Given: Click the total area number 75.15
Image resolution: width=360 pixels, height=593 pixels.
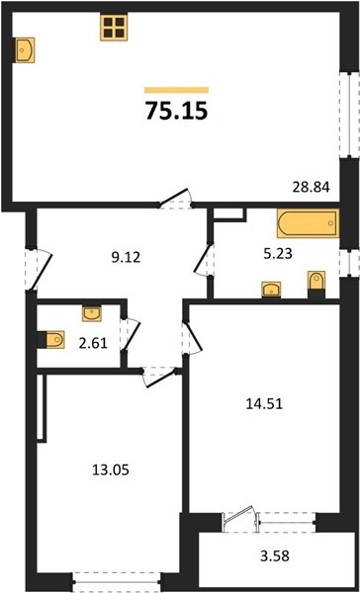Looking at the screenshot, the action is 177,111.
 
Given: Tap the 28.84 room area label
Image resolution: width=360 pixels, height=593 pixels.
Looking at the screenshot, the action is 312,187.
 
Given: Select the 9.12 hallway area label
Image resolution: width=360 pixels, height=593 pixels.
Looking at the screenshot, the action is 126,258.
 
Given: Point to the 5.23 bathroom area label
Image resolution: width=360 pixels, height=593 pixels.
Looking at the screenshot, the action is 278,254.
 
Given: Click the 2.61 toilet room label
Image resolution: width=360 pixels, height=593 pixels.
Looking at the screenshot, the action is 93,343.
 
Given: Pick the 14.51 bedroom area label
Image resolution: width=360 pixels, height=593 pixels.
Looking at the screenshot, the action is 264,404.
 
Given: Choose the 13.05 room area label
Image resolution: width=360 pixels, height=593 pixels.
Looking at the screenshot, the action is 111,470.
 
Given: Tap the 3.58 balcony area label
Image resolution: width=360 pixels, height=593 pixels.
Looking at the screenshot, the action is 275,555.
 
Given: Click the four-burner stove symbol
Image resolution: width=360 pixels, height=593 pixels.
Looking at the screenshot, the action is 114,28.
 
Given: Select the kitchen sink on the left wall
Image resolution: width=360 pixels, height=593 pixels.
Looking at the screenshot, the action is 24,50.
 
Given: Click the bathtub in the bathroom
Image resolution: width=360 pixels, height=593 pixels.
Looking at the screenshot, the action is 308,223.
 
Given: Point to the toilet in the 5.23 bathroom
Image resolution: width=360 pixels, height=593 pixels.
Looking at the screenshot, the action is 316,285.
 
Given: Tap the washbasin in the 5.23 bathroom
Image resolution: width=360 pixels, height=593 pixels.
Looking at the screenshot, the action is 271,290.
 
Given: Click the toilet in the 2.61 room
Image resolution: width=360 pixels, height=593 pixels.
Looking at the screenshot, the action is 51,339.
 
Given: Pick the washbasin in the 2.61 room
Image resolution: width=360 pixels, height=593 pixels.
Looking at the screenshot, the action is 92,313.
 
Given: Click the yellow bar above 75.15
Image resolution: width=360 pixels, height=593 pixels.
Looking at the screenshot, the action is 176,90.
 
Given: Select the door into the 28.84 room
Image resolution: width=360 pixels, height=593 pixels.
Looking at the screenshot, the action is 175,199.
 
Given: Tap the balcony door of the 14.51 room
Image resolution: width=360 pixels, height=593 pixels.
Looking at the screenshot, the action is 239,518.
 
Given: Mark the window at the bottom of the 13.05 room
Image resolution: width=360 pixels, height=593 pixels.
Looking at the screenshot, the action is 117,582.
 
